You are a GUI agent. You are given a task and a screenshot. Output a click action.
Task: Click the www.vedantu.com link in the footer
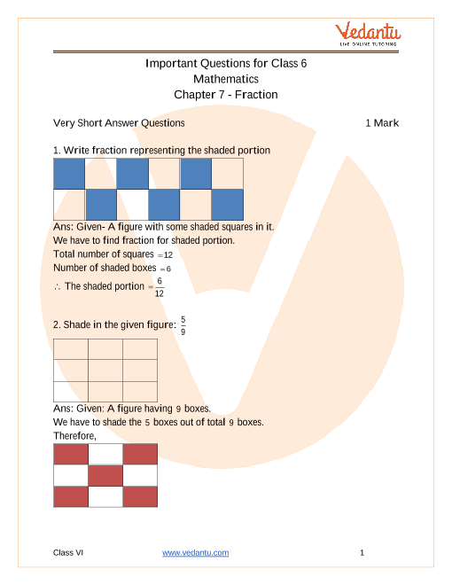(196, 553)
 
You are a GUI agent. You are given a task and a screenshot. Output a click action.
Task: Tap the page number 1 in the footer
(362, 553)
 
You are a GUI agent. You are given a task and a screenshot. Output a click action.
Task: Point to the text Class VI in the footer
(68, 553)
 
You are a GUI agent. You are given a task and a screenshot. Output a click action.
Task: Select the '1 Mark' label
(382, 123)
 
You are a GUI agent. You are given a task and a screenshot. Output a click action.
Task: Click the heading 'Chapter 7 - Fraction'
(226, 94)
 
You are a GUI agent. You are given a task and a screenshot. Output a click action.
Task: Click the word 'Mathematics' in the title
(226, 79)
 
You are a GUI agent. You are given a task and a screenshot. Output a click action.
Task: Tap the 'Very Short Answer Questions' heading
(119, 123)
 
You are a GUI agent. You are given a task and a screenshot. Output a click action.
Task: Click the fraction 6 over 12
(159, 287)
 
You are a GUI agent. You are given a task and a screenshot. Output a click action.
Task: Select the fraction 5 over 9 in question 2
(183, 324)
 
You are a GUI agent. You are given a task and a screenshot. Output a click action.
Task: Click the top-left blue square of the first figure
(69, 174)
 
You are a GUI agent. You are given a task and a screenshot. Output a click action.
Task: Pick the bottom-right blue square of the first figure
(228, 205)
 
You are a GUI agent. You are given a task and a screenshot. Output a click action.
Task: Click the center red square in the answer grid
(105, 476)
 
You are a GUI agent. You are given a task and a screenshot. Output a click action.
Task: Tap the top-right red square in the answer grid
(139, 455)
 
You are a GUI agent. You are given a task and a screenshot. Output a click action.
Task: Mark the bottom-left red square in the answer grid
(71, 496)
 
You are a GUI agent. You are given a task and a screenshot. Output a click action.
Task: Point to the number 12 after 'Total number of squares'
(168, 254)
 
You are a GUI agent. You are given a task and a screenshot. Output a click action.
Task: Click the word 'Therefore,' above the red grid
(74, 436)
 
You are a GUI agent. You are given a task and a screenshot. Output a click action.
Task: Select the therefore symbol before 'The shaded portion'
(57, 286)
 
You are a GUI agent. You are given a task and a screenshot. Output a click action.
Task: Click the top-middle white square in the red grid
(105, 455)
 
